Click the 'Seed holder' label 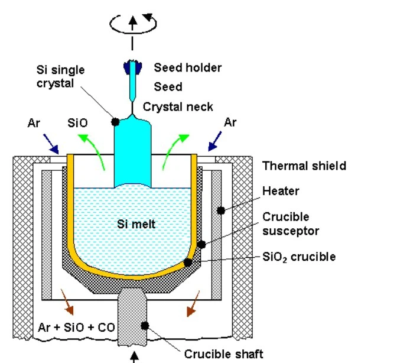pos(187,67)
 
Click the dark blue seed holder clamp pos(133,69)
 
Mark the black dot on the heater pos(220,210)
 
